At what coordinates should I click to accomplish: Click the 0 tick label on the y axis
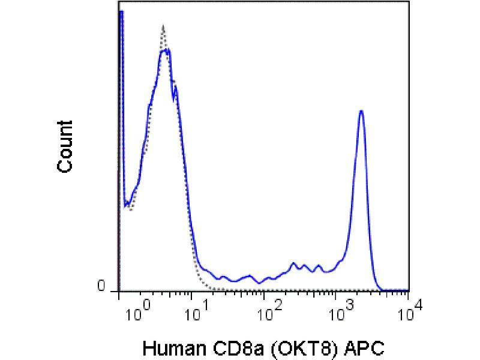[101, 287]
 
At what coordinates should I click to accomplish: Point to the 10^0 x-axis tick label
[136, 312]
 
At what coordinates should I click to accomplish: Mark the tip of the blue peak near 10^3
[361, 111]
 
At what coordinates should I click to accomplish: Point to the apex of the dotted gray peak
[163, 26]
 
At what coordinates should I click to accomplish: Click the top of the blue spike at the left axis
[121, 12]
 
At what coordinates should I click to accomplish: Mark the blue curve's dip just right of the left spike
[126, 206]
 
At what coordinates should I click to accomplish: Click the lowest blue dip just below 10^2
[259, 283]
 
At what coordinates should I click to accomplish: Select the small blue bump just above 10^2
[293, 263]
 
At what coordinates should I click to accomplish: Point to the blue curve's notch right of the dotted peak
[173, 98]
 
